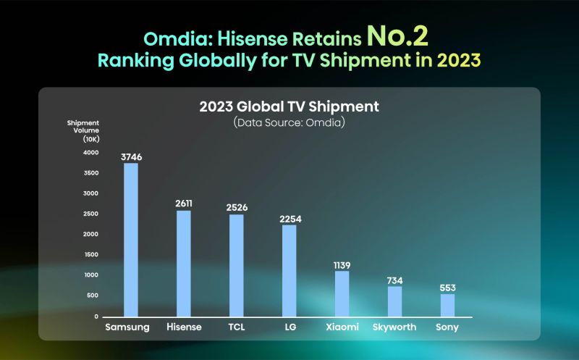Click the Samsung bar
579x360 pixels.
pos(130,239)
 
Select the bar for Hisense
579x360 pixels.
pos(184,263)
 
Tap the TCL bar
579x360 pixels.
pos(236,265)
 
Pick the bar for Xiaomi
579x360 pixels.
pos(342,293)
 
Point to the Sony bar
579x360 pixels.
pos(447,305)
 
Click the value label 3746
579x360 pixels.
pos(130,155)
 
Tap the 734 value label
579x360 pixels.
pos(394,280)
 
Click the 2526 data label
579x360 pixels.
pos(236,207)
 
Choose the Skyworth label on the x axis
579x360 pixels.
pos(394,327)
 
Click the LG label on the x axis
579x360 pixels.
pos(289,327)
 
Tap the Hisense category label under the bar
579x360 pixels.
pos(184,327)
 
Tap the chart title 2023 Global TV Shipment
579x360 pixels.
pos(289,107)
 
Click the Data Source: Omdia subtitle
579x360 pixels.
pos(289,123)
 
